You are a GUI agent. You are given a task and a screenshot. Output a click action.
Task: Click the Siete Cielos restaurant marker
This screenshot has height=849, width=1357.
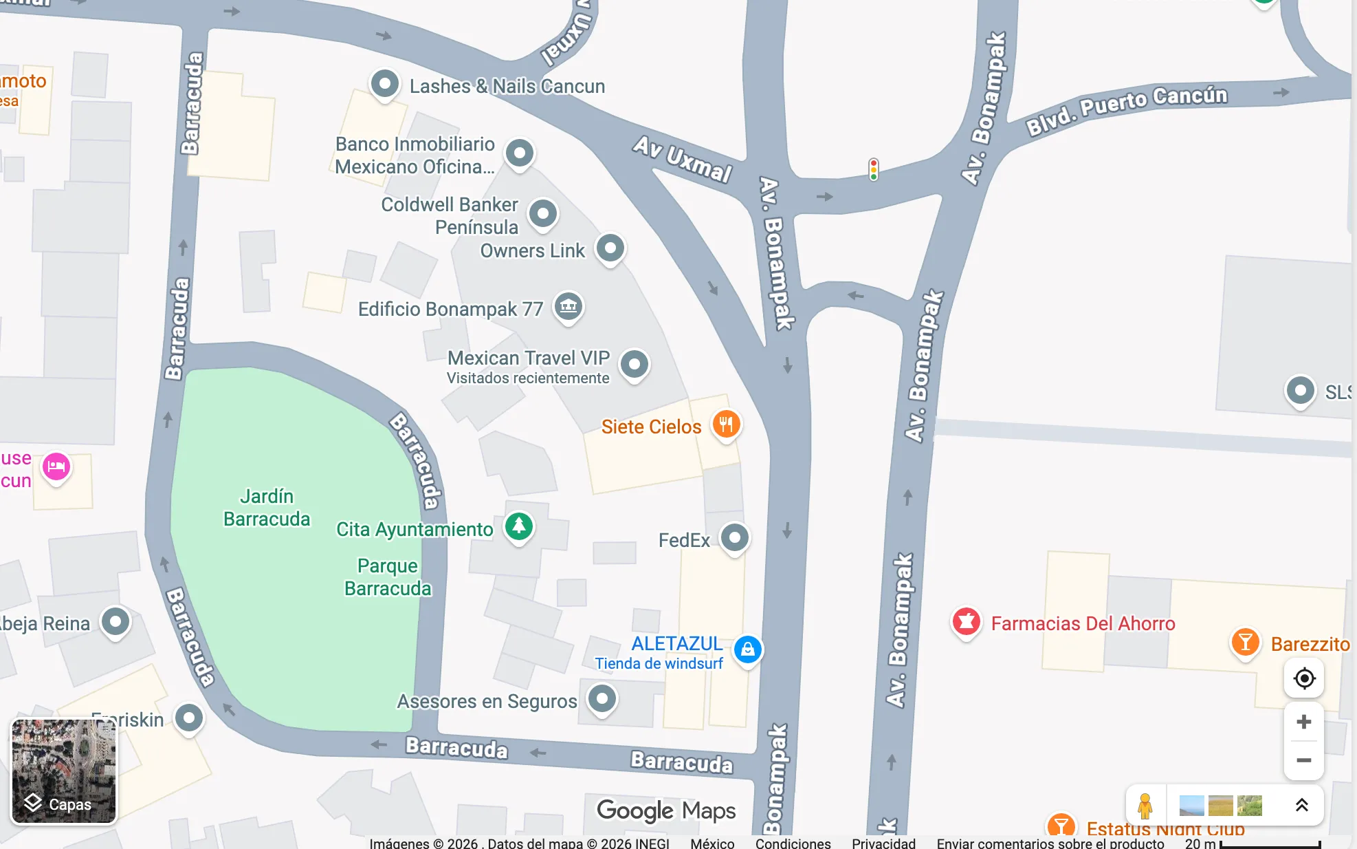click(726, 424)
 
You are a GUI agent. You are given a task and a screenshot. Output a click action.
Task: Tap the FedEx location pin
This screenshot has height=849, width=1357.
click(734, 537)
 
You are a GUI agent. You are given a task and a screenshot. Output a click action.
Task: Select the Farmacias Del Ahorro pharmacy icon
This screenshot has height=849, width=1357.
click(966, 622)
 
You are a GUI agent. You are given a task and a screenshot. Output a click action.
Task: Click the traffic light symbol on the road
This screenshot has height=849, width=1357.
click(873, 169)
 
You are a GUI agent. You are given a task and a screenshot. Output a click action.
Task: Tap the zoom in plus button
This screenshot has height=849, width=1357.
click(1303, 722)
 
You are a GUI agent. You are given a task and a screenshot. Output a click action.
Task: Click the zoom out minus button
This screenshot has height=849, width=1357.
click(1303, 760)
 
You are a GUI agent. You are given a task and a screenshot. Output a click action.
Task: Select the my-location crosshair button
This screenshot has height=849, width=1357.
click(1303, 678)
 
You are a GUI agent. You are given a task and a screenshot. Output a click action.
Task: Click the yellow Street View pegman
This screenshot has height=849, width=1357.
click(1145, 806)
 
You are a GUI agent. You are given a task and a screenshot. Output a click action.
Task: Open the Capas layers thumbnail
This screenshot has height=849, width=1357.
click(64, 771)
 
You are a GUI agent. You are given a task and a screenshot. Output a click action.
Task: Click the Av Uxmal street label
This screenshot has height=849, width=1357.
click(682, 159)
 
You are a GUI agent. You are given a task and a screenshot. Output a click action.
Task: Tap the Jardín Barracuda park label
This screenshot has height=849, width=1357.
click(267, 507)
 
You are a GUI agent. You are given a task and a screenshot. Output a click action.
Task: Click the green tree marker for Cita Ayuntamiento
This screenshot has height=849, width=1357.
click(519, 526)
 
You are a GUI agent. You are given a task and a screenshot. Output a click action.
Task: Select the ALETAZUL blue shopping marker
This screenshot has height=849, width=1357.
click(747, 649)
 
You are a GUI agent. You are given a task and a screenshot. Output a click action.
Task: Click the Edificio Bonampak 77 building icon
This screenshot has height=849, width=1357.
click(569, 306)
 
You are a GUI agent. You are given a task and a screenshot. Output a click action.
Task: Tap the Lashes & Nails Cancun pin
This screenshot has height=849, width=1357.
click(384, 85)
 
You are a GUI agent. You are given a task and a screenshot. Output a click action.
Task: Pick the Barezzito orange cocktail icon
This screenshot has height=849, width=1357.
click(1245, 643)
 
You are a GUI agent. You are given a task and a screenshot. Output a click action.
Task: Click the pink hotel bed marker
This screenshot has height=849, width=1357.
click(56, 467)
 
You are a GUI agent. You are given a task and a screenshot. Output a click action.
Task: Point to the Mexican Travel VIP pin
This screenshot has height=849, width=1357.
click(634, 364)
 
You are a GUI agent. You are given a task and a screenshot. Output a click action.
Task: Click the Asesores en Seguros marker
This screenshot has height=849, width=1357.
click(602, 699)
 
